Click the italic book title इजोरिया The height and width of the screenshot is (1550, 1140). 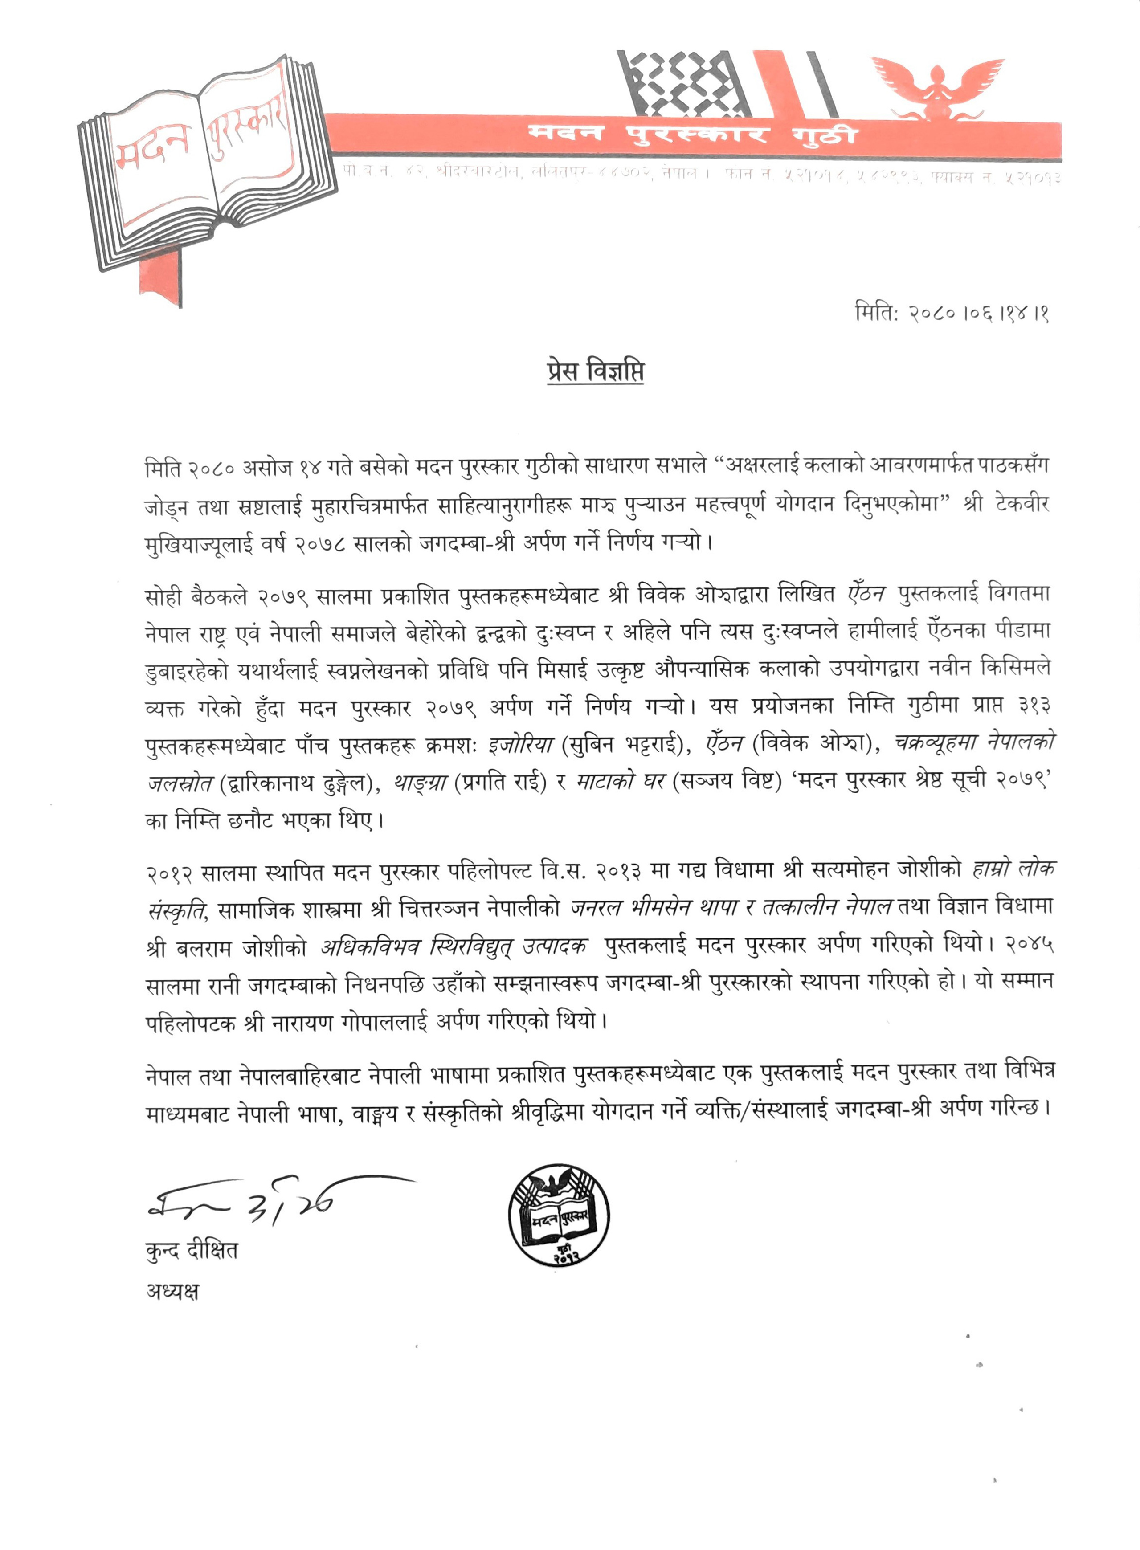point(521,744)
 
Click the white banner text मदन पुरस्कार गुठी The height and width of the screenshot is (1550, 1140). point(692,134)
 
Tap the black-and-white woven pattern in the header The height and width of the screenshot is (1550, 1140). point(683,83)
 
